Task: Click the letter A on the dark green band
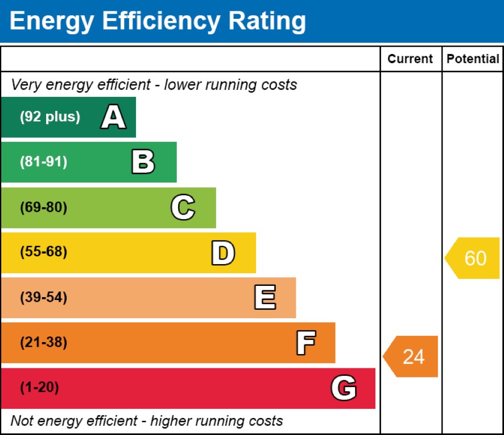pyautogui.click(x=113, y=117)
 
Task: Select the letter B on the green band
pyautogui.click(x=143, y=162)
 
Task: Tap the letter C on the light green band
pyautogui.click(x=183, y=207)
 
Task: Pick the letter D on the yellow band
pyautogui.click(x=222, y=253)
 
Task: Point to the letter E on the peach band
pyautogui.click(x=265, y=298)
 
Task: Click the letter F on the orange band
pyautogui.click(x=305, y=343)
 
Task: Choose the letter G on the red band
pyautogui.click(x=344, y=388)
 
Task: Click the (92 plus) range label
pyautogui.click(x=50, y=117)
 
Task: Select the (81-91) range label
pyautogui.click(x=43, y=162)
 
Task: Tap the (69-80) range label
pyautogui.click(x=43, y=207)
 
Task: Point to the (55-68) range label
pyautogui.click(x=43, y=252)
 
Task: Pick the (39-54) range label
pyautogui.click(x=43, y=298)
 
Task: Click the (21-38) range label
pyautogui.click(x=43, y=343)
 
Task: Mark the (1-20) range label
pyautogui.click(x=39, y=388)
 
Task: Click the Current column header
pyautogui.click(x=410, y=59)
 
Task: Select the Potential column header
pyautogui.click(x=473, y=59)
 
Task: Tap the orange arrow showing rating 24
pyautogui.click(x=411, y=356)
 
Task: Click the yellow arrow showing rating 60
pyautogui.click(x=473, y=258)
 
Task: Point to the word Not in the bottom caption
pyautogui.click(x=22, y=421)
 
